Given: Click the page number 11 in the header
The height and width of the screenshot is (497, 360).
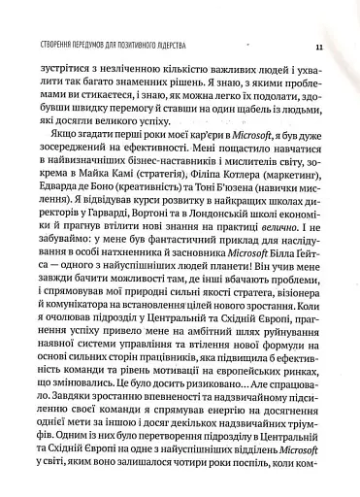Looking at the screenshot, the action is coord(319,48).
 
